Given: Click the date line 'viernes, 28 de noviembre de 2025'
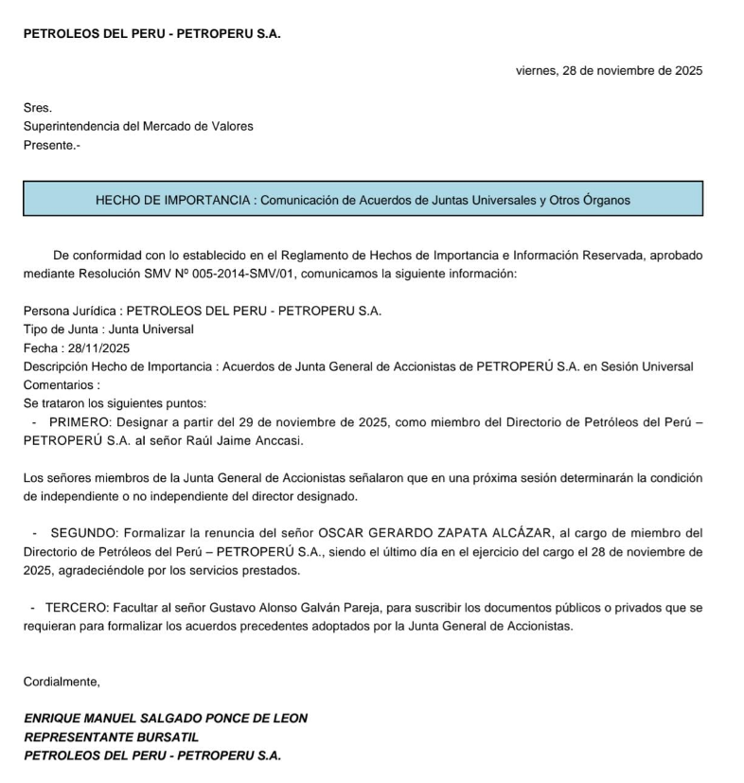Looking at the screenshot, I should point(609,70).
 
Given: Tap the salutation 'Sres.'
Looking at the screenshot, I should point(38,108).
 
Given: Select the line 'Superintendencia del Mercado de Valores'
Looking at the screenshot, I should point(138,126).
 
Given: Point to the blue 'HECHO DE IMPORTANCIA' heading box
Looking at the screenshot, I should point(363,199).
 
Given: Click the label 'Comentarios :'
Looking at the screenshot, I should point(62,385).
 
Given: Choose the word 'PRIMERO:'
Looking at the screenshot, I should point(78,422).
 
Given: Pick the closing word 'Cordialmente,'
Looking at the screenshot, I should point(62,681).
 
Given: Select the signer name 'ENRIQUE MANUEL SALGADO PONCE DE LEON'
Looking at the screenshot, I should point(166,718).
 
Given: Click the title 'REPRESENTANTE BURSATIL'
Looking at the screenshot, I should point(112,737).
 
